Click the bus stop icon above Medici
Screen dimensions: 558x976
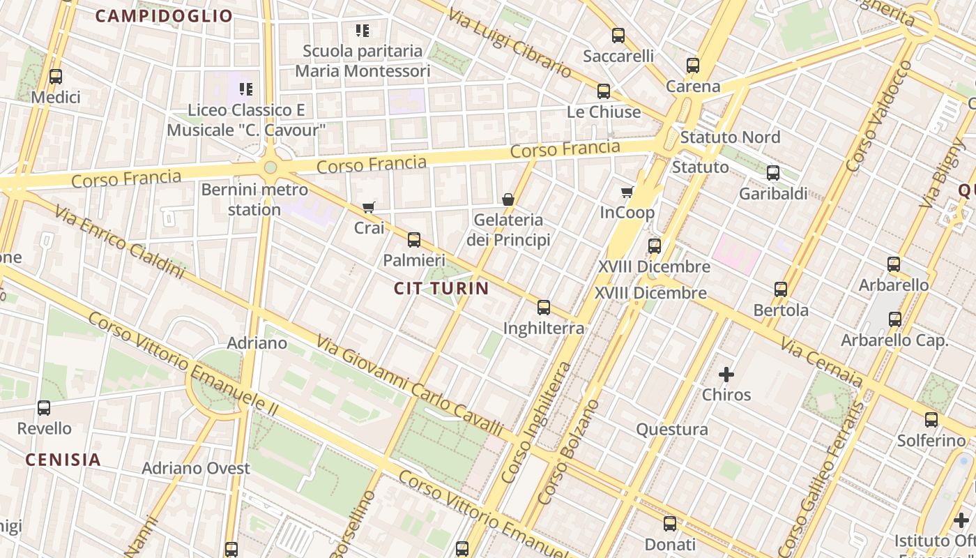[x=56, y=77]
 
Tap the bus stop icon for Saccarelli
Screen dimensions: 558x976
[x=618, y=36]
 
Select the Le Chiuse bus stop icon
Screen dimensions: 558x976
[x=604, y=91]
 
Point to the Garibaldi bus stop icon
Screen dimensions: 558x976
[x=773, y=173]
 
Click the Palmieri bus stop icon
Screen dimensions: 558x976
[x=414, y=240]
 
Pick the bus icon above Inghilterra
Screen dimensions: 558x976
[x=544, y=307]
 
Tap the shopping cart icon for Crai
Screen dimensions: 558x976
[x=369, y=207]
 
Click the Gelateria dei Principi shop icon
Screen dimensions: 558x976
[x=508, y=199]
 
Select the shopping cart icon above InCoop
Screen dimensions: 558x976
[x=627, y=192]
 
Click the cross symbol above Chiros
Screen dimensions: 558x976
[x=726, y=375]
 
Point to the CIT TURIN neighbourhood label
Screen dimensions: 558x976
[x=441, y=288]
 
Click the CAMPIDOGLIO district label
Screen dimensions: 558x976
[x=164, y=16]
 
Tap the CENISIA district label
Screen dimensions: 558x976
[x=63, y=460]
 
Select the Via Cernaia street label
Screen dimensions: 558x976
[x=821, y=363]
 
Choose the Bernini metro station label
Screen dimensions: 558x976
[x=254, y=199]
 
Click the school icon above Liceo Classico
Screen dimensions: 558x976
[x=245, y=89]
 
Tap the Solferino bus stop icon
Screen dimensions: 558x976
[x=931, y=420]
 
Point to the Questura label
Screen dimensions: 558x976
[x=672, y=429]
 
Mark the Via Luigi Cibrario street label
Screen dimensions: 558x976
[x=509, y=43]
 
